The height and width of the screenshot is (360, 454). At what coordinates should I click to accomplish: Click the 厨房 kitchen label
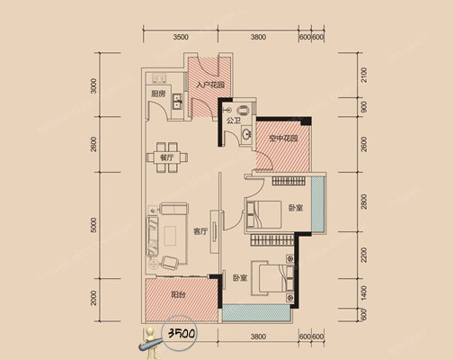[158, 94]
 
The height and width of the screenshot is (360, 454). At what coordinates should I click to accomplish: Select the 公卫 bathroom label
[234, 121]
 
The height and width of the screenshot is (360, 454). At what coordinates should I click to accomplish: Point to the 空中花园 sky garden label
[283, 139]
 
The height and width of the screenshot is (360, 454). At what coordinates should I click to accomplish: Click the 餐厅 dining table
[167, 157]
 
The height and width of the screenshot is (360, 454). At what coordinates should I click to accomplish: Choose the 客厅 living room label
[200, 231]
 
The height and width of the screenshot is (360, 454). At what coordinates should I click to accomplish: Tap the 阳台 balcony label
[178, 295]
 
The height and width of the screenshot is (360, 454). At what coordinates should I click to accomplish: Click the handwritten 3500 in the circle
[182, 333]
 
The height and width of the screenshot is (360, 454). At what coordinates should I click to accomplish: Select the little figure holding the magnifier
[149, 343]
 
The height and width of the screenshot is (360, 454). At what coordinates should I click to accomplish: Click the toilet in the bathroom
[244, 110]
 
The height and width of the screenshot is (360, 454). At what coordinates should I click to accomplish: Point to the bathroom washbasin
[247, 134]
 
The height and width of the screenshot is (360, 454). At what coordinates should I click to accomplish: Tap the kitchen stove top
[159, 78]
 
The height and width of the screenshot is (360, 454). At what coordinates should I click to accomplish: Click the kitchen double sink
[177, 101]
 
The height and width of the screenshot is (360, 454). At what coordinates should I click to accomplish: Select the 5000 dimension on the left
[94, 225]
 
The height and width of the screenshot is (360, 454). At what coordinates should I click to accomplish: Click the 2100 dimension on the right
[363, 75]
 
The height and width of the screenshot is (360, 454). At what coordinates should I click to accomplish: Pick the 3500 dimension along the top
[181, 37]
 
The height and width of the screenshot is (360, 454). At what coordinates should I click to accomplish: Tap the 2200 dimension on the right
[363, 255]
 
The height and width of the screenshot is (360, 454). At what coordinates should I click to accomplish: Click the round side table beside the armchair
[154, 265]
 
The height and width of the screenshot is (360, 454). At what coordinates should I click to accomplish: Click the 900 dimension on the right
[364, 107]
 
